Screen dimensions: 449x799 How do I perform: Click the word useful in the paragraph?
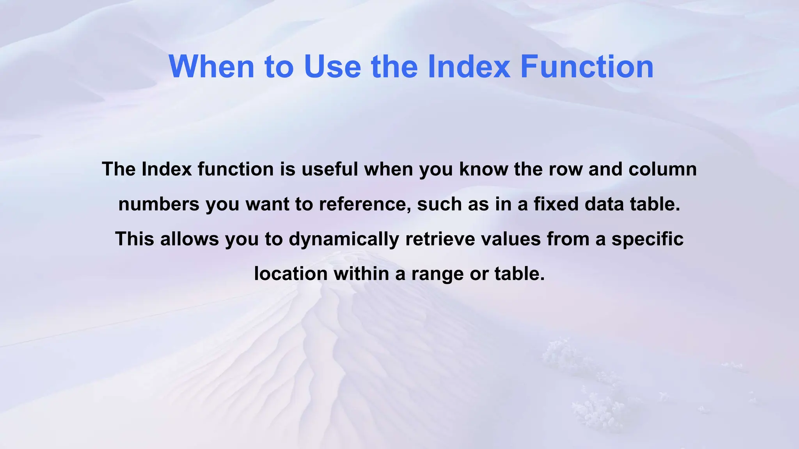pos(330,169)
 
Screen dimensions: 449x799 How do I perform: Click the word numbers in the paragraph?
pos(159,204)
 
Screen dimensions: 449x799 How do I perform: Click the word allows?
pos(189,239)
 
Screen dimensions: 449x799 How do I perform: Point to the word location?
pos(291,274)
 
